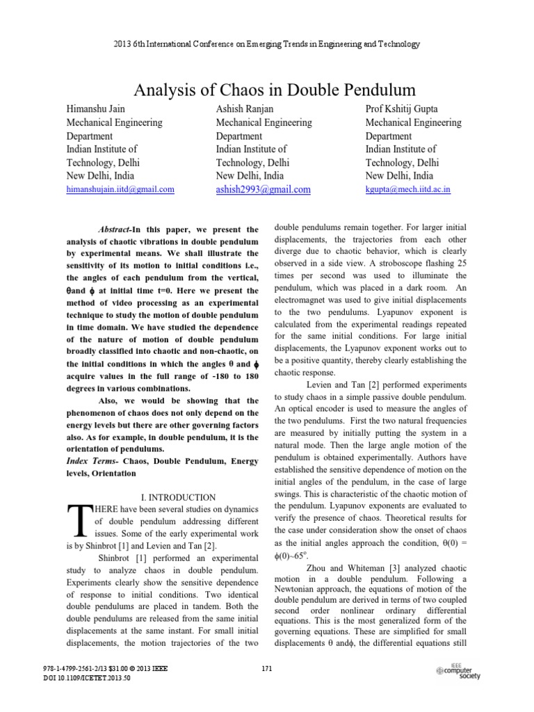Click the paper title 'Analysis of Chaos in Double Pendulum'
click(267, 90)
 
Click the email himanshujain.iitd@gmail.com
click(120, 189)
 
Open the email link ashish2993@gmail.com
click(264, 189)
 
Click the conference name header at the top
click(267, 44)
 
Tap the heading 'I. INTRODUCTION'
click(179, 497)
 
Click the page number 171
click(267, 670)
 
